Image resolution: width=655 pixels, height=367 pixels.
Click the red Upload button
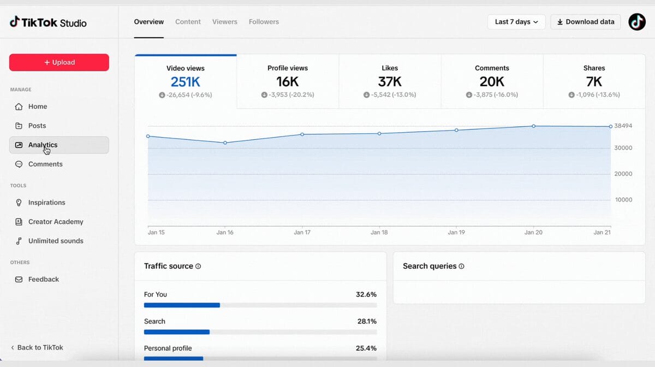[x=59, y=62]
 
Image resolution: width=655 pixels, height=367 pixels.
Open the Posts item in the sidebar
[x=37, y=126]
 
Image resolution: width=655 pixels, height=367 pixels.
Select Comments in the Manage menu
[x=45, y=164]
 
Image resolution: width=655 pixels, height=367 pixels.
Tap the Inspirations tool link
[x=46, y=203]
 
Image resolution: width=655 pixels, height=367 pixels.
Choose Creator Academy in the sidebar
[x=55, y=222]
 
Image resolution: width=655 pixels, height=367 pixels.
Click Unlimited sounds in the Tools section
[x=55, y=241]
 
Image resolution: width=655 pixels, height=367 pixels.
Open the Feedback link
[x=43, y=279]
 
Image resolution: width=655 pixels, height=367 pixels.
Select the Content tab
[x=188, y=22]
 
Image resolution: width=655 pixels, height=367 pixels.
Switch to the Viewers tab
[x=224, y=22]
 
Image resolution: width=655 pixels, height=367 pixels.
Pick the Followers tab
[x=264, y=22]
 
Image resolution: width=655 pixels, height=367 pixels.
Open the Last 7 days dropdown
[x=516, y=22]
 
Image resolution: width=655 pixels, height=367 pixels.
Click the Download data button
[x=586, y=22]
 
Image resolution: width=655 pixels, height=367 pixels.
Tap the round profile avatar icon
[x=637, y=22]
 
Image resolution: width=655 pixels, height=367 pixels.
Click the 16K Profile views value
[x=287, y=82]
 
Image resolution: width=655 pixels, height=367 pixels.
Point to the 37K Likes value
[x=390, y=82]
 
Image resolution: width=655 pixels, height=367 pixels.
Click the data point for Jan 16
[x=225, y=143]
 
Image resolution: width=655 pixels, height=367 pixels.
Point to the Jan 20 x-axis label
[x=533, y=232]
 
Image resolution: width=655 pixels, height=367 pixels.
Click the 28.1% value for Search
[x=367, y=321]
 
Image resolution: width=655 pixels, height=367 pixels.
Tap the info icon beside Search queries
[x=462, y=267]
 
